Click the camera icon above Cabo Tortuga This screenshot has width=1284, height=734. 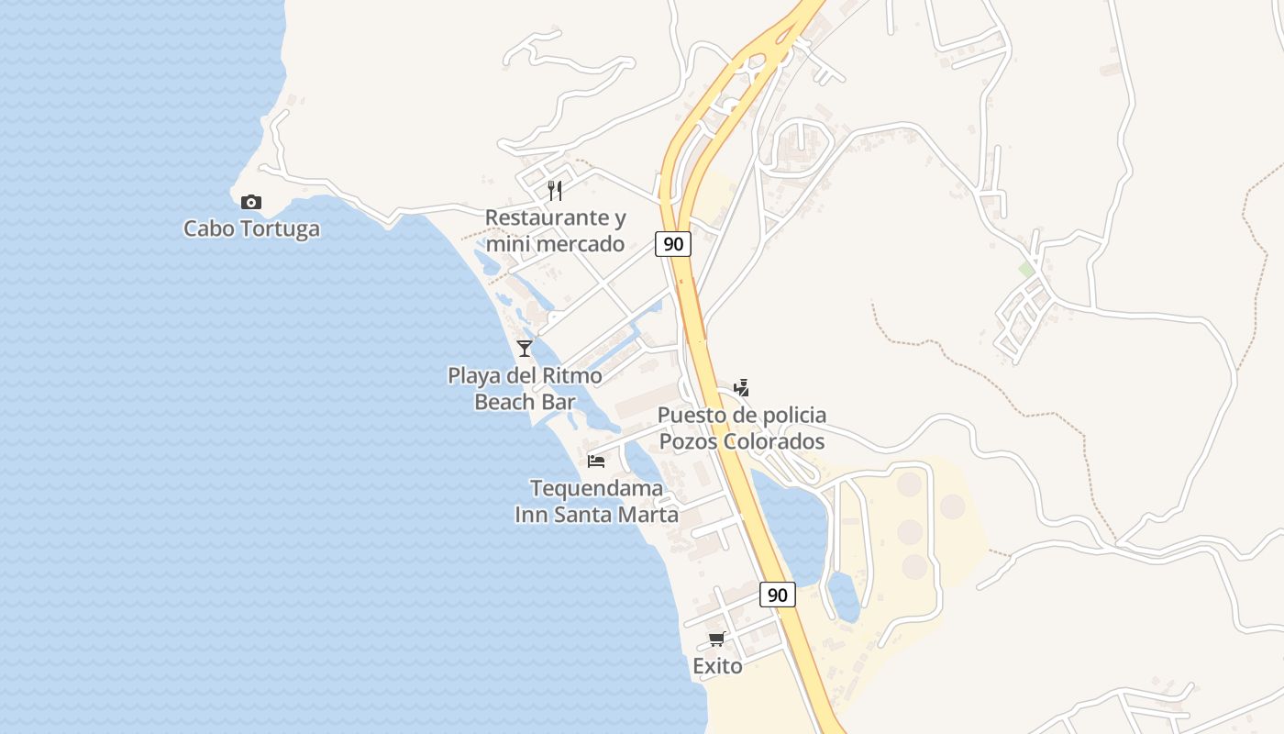click(x=250, y=202)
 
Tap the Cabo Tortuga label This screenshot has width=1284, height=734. click(x=251, y=228)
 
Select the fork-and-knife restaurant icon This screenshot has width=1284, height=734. click(x=554, y=190)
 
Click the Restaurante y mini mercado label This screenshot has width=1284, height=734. click(x=555, y=230)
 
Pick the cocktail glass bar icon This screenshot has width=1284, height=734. click(x=524, y=348)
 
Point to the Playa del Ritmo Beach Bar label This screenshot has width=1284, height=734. click(x=525, y=388)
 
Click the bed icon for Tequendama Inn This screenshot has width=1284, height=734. click(x=596, y=461)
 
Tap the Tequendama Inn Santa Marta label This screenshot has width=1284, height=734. click(x=596, y=501)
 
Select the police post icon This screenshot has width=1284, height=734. click(x=741, y=388)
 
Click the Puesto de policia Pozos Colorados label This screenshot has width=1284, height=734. click(x=742, y=428)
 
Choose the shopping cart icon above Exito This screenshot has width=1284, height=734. click(x=716, y=639)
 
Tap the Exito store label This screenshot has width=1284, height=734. click(x=717, y=666)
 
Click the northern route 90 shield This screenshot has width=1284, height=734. click(x=673, y=244)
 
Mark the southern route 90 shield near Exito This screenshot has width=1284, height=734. click(x=778, y=595)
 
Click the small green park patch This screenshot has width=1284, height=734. click(x=1026, y=269)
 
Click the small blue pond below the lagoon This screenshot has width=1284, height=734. click(x=844, y=596)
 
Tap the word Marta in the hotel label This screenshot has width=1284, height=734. click(x=648, y=515)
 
